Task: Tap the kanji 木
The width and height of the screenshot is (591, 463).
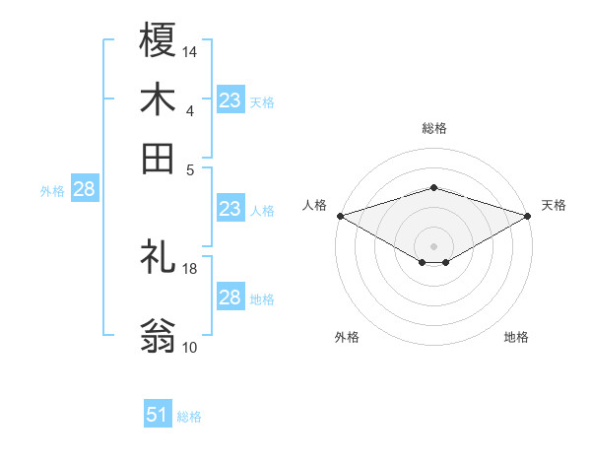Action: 158,99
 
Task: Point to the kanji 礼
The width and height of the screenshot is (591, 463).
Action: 158,256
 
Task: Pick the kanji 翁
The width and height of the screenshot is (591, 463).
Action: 158,335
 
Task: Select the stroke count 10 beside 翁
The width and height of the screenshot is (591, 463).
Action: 190,347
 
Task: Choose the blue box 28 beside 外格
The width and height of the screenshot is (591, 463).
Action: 84,190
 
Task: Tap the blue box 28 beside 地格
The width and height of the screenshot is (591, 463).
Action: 230,298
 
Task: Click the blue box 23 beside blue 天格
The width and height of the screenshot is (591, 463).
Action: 230,100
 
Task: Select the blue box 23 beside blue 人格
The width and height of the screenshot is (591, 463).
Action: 230,209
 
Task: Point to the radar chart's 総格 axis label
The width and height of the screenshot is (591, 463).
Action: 433,128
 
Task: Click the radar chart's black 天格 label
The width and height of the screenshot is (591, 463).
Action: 554,205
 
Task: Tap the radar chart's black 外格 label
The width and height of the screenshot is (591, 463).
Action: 347,338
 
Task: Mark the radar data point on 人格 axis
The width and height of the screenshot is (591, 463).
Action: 340,216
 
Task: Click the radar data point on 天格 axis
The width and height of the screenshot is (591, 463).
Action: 527,216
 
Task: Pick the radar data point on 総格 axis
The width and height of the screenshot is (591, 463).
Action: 433,187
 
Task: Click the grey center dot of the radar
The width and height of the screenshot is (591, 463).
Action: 433,245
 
